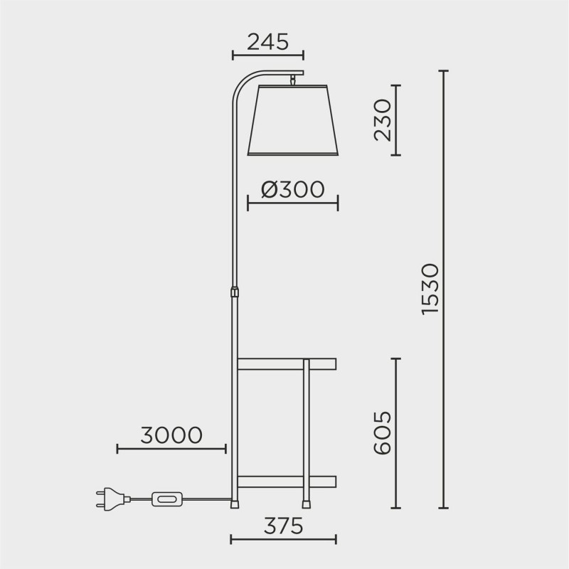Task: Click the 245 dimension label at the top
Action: (x=267, y=42)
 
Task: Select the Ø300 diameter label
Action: (x=292, y=189)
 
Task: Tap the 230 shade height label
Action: (x=382, y=119)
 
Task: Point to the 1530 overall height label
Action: (x=430, y=289)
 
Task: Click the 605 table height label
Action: (x=382, y=433)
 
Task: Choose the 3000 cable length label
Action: (x=171, y=435)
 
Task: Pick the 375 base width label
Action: (x=284, y=526)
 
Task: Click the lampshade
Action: (x=292, y=121)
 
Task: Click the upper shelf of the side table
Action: (x=286, y=364)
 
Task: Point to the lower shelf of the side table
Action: (x=286, y=481)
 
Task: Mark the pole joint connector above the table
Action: (x=234, y=292)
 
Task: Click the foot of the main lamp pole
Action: (x=234, y=505)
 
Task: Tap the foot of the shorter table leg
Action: (x=307, y=504)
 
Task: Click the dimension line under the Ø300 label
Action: (x=292, y=205)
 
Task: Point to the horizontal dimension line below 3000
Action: (x=171, y=449)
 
